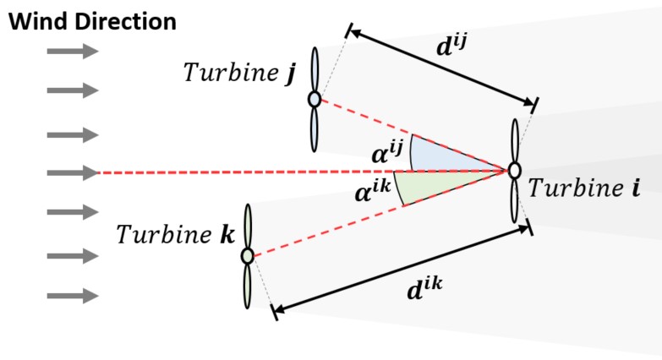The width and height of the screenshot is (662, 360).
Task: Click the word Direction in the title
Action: pyautogui.click(x=120, y=21)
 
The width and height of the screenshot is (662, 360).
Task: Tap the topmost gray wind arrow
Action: pyautogui.click(x=72, y=52)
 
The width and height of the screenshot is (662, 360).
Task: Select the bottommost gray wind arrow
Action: pyautogui.click(x=72, y=296)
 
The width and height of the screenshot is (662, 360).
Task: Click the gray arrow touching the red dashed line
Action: pyautogui.click(x=72, y=173)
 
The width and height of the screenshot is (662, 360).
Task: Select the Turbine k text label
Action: pyautogui.click(x=176, y=233)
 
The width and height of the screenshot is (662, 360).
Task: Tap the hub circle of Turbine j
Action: pyautogui.click(x=315, y=100)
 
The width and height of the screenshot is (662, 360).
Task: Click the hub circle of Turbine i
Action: pyautogui.click(x=514, y=170)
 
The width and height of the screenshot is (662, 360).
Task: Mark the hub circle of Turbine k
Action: pyautogui.click(x=247, y=254)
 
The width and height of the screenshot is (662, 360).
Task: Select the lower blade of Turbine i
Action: pyautogui.click(x=515, y=201)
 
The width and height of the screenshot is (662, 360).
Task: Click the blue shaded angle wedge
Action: pyautogui.click(x=440, y=155)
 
